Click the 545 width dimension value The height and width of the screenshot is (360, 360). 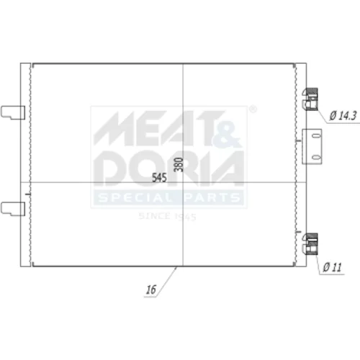[159, 178]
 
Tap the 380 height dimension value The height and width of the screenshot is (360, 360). [179, 165]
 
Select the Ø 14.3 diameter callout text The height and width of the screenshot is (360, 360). [343, 116]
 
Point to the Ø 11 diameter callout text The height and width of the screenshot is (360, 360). [332, 267]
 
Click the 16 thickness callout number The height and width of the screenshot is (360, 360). [151, 289]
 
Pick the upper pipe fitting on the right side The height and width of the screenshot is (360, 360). [310, 99]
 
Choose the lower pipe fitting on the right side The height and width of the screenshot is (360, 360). [310, 244]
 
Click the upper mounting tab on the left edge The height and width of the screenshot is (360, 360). [13, 112]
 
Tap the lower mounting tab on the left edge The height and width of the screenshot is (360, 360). [13, 209]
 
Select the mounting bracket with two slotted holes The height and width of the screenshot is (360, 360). [312, 146]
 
